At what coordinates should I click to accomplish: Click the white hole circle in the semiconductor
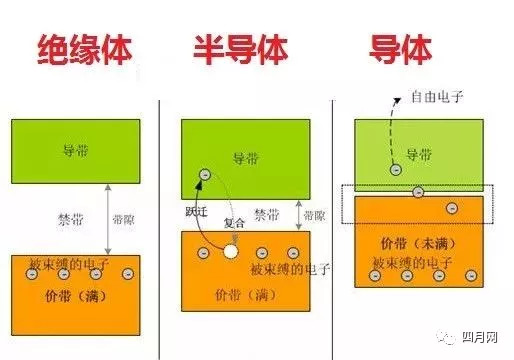pyautogui.click(x=231, y=252)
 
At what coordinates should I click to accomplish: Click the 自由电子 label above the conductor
pyautogui.click(x=435, y=98)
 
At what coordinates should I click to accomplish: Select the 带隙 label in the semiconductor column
pyautogui.click(x=313, y=215)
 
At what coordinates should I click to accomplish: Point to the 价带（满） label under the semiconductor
pyautogui.click(x=239, y=296)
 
